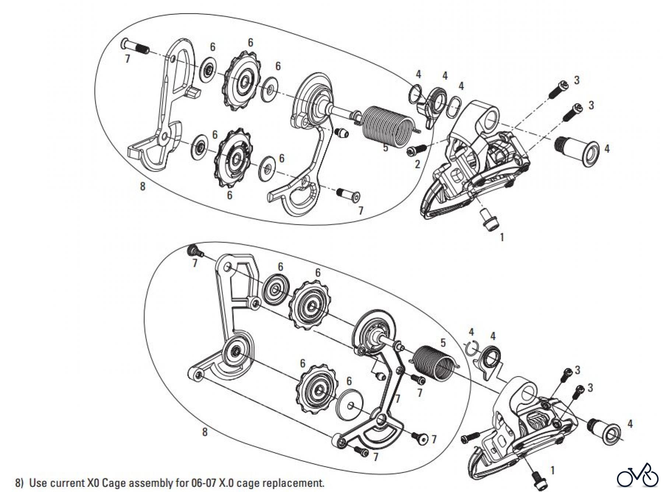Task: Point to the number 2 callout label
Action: point(417,164)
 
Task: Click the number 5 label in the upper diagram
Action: point(386,148)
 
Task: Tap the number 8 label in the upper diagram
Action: point(143,186)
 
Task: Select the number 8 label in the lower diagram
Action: point(205,432)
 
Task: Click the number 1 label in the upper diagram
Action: point(502,237)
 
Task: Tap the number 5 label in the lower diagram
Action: point(443,342)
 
